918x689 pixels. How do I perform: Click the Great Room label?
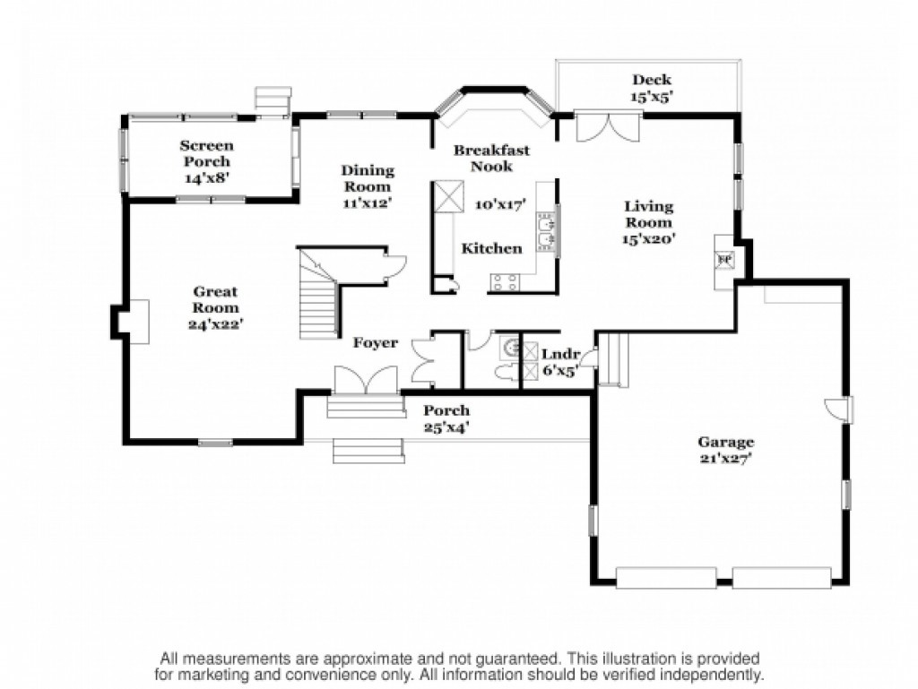click(215, 299)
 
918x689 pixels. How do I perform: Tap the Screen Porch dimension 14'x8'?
click(206, 177)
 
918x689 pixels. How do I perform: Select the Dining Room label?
click(368, 178)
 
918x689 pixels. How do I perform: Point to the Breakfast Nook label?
click(492, 158)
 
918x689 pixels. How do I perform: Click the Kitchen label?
click(492, 248)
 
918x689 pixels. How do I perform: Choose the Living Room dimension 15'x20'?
click(649, 238)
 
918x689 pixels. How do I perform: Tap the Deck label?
click(652, 80)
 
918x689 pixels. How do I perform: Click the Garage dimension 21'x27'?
click(725, 459)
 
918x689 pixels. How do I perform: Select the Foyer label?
click(376, 343)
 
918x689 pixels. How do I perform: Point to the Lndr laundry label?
click(560, 355)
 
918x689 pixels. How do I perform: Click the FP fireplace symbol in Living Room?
click(724, 260)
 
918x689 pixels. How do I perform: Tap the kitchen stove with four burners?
click(506, 282)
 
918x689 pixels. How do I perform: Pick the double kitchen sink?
click(546, 232)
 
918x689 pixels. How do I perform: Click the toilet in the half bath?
click(506, 372)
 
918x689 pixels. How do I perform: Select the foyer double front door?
click(366, 380)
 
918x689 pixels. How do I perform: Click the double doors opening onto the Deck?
click(609, 125)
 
